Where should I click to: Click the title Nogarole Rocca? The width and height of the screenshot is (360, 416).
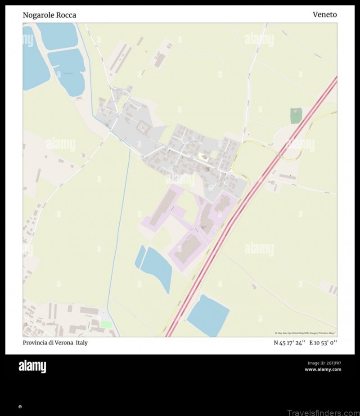[x=49, y=15]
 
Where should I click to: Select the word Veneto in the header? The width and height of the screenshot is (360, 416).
[x=324, y=14]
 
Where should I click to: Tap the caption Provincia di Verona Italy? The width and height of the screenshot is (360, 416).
[x=55, y=343]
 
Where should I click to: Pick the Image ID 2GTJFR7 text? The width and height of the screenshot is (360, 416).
[x=324, y=363]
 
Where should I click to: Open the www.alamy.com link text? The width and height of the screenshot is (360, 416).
[x=323, y=370]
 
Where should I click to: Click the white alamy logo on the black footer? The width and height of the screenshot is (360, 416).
[x=32, y=367]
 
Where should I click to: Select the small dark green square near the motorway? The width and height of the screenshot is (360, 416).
[x=296, y=116]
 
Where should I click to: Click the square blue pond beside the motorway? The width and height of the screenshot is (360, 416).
[x=208, y=315]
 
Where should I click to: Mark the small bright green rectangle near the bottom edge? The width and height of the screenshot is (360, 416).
[x=106, y=324]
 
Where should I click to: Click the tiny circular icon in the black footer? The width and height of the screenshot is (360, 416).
[x=20, y=407]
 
